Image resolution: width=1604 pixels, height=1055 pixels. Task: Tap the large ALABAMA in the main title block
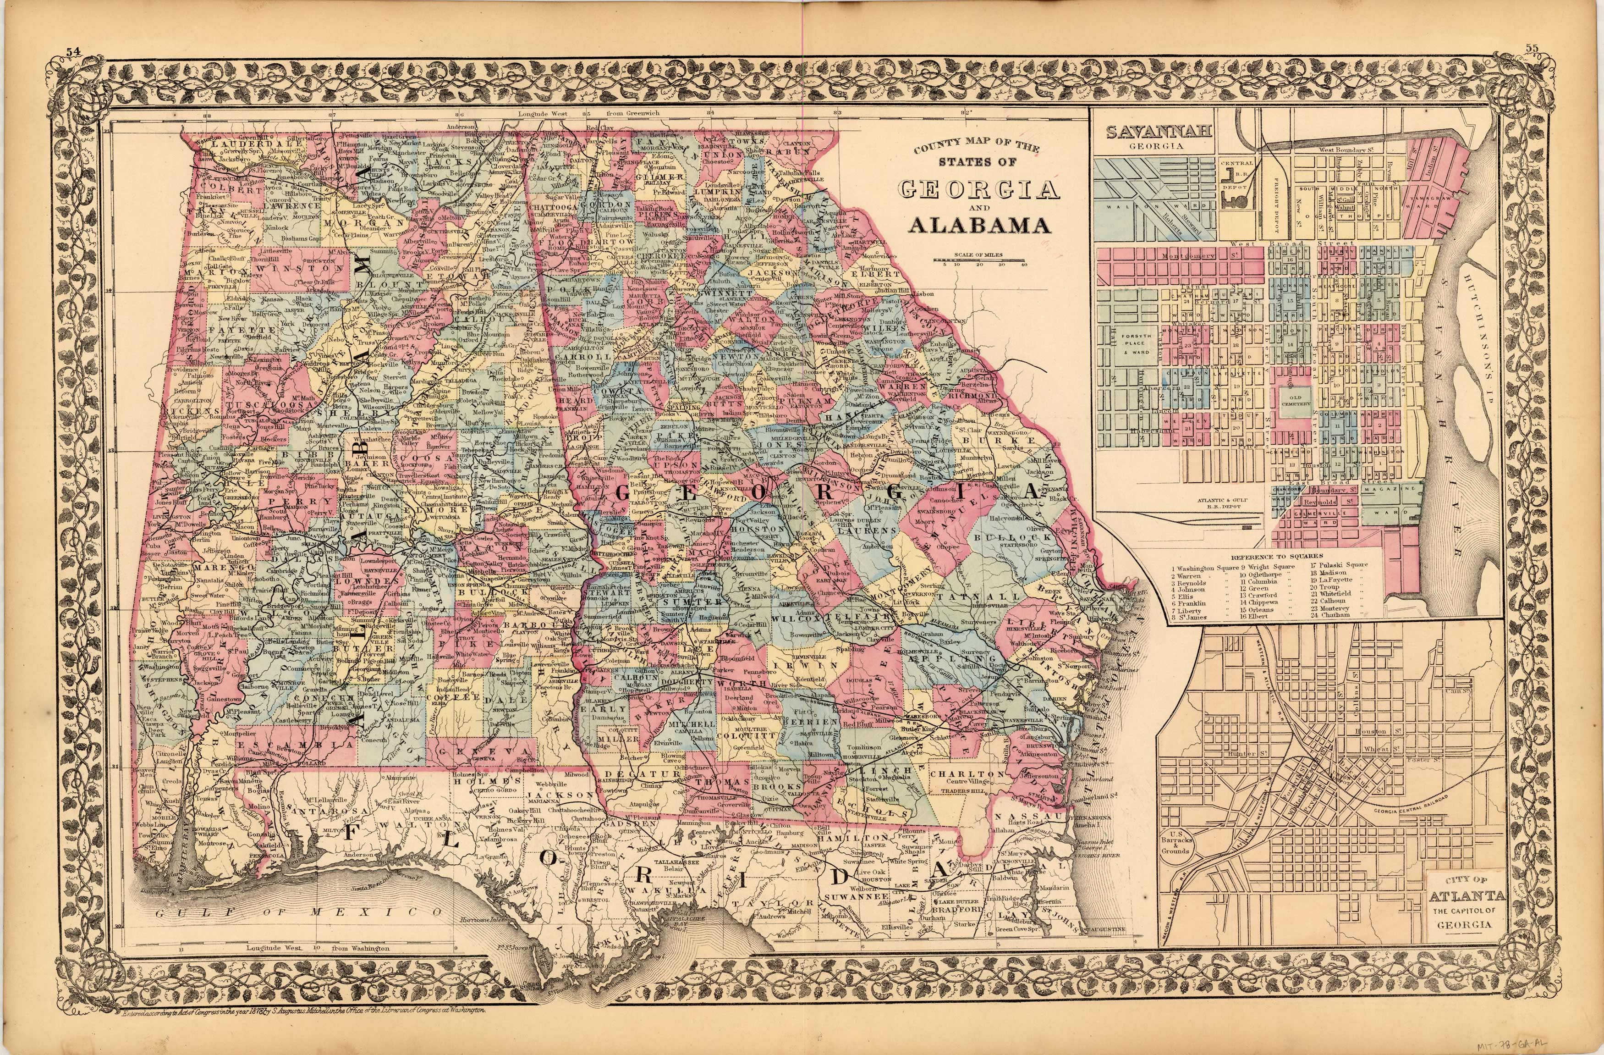click(x=979, y=225)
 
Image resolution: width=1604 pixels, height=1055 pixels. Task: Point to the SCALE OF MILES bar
click(x=979, y=260)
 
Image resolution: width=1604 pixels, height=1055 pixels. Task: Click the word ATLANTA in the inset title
click(x=1461, y=896)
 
